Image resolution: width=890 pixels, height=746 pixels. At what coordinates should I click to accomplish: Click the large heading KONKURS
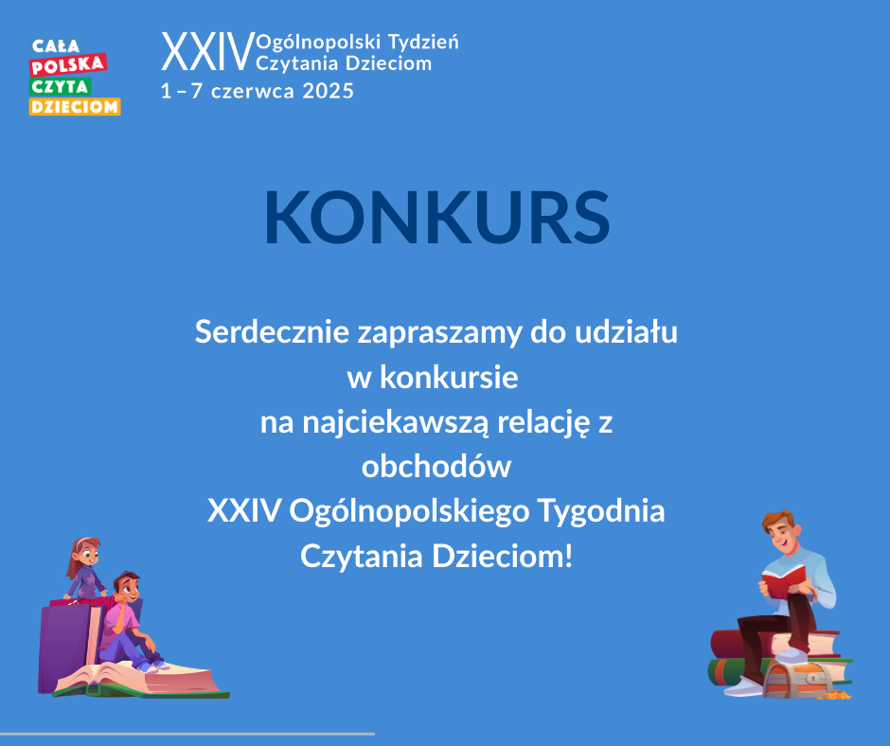coord(437,218)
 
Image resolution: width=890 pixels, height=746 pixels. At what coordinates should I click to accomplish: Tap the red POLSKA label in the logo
coord(68,65)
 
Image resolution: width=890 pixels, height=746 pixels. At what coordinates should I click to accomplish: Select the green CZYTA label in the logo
coord(61,86)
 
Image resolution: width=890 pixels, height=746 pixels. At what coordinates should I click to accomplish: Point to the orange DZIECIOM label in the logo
coord(75,106)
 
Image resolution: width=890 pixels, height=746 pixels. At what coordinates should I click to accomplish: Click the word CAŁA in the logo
coord(56,46)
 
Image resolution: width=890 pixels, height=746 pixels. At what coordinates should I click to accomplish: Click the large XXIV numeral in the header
coord(207,52)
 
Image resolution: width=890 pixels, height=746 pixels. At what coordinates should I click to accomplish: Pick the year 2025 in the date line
coord(329,91)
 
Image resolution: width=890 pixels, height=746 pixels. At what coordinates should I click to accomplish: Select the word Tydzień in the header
coord(423,42)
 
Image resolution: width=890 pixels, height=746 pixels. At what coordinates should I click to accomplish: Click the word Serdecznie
coord(272,331)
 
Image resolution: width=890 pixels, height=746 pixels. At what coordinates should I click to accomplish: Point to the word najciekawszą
coord(395,422)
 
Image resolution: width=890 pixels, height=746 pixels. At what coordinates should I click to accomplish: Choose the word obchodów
coord(436,466)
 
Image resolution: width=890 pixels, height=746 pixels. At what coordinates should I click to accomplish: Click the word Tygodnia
coord(601,511)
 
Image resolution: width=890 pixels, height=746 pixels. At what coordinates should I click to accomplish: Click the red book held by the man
coord(783,580)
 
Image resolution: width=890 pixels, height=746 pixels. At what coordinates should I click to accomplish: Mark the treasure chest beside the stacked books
coord(797,680)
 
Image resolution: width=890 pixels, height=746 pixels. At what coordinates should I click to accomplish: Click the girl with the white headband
coord(85,568)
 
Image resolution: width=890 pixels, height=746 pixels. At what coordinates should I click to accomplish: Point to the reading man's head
coord(780,530)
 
